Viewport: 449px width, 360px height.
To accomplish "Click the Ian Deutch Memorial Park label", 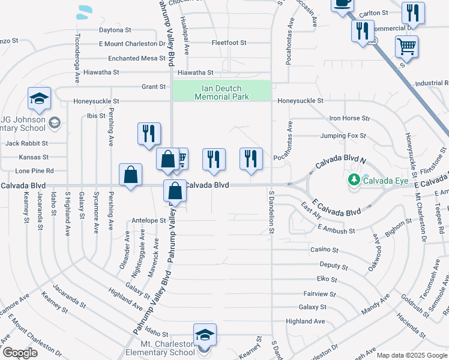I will pos(221,92).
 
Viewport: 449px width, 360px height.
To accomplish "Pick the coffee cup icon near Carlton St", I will pos(343,3).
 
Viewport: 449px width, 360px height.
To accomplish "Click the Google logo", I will pos(19,353).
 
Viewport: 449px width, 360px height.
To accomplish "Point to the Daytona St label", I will pos(115,29).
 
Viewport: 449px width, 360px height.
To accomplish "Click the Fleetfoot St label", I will pos(229,43).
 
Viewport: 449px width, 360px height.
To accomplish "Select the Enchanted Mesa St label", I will pos(136,58).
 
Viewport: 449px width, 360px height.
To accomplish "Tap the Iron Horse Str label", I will pos(349,119).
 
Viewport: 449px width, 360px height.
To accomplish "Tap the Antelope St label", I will pos(148,220).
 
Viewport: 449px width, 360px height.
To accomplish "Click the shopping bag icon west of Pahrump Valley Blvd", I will pos(130,175).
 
